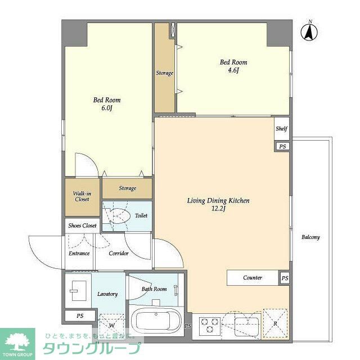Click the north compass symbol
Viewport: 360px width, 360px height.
click(x=309, y=31)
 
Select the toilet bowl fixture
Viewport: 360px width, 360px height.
click(x=117, y=216)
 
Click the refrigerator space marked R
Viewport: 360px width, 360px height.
click(x=275, y=323)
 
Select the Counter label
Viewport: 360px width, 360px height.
click(x=253, y=277)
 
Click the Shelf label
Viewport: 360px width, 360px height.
click(x=281, y=129)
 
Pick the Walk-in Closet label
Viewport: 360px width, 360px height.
click(x=82, y=196)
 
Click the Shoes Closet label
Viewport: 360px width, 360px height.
click(x=82, y=226)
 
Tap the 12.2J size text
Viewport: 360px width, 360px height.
click(x=219, y=209)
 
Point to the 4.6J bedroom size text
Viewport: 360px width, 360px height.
click(x=233, y=70)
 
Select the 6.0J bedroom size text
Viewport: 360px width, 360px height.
click(x=107, y=108)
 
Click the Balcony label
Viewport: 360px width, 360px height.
click(x=310, y=237)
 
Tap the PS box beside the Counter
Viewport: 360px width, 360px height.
click(x=285, y=278)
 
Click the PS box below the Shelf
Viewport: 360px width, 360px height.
click(x=282, y=146)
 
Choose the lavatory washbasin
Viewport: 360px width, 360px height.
click(x=78, y=291)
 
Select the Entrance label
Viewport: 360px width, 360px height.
click(x=79, y=254)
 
